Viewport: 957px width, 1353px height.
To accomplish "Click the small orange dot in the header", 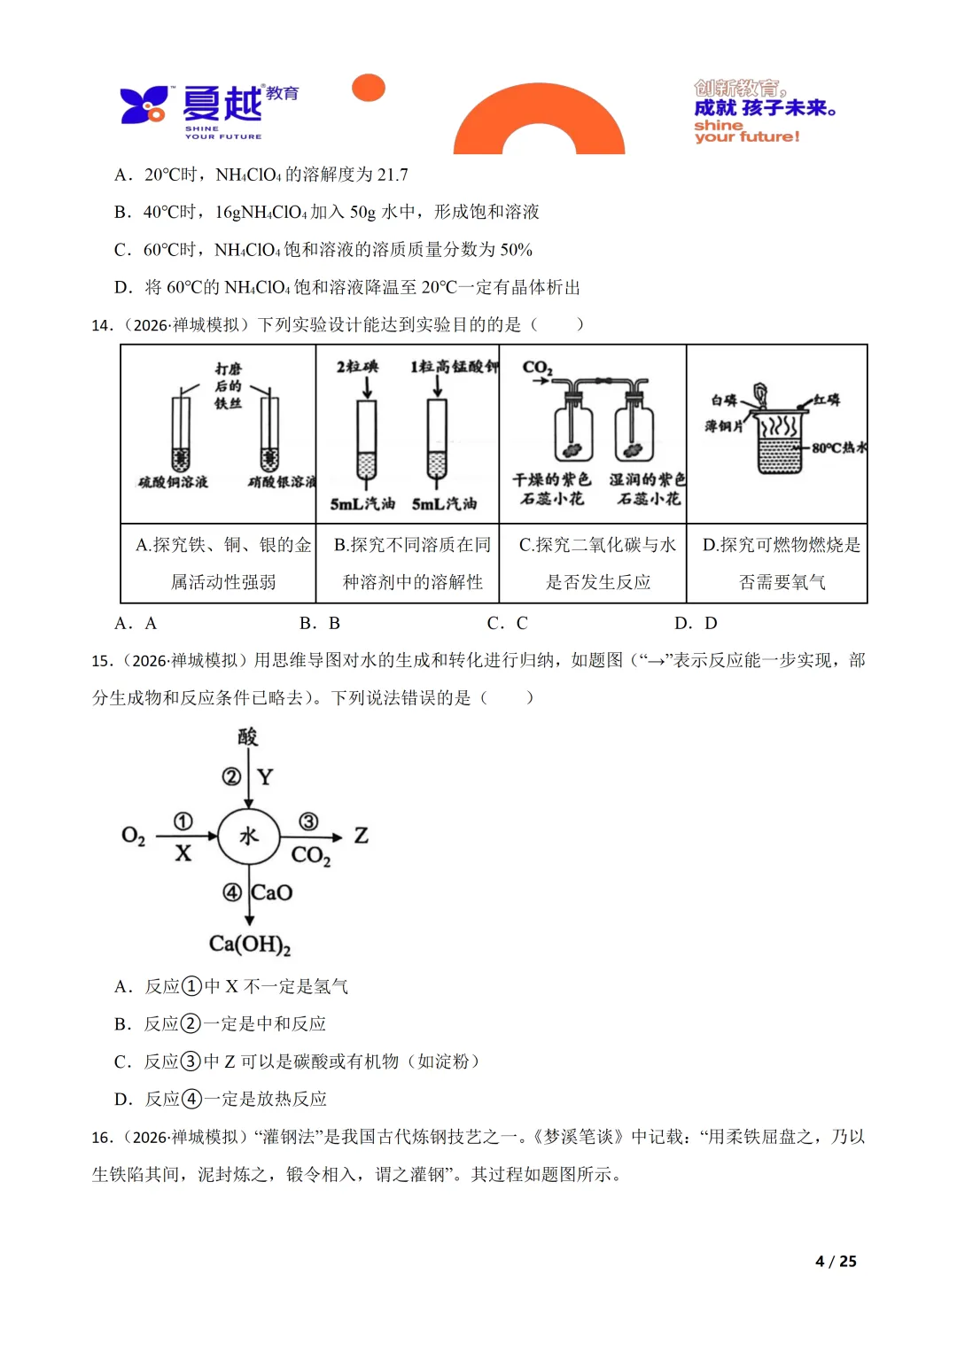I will (x=369, y=88).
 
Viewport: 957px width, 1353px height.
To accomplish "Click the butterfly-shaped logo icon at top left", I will (x=144, y=105).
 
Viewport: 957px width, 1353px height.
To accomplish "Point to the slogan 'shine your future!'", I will (x=746, y=131).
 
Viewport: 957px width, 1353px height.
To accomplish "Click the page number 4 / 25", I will (x=836, y=1261).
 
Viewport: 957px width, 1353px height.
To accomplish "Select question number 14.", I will (x=102, y=325).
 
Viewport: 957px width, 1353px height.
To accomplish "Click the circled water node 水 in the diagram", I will (x=249, y=836).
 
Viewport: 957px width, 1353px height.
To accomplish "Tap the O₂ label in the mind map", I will (x=133, y=836).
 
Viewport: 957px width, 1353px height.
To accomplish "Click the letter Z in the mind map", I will (x=361, y=836).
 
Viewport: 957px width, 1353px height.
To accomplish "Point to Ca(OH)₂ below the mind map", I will (x=250, y=944).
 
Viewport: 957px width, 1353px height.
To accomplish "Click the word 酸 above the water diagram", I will (x=248, y=736).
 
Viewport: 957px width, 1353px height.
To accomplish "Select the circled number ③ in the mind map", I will (x=308, y=821).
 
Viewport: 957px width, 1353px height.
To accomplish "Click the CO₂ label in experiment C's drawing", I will (x=537, y=367).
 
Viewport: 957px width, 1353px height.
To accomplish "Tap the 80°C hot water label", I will (x=838, y=447).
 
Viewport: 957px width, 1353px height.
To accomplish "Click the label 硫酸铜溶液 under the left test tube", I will (x=173, y=482).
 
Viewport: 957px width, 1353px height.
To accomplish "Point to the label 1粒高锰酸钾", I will (x=454, y=367).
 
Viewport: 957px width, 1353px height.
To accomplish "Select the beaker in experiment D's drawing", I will (x=780, y=443).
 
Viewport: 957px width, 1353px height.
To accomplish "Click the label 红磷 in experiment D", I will (x=826, y=400).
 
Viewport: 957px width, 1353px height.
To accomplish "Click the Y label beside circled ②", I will (x=265, y=777).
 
